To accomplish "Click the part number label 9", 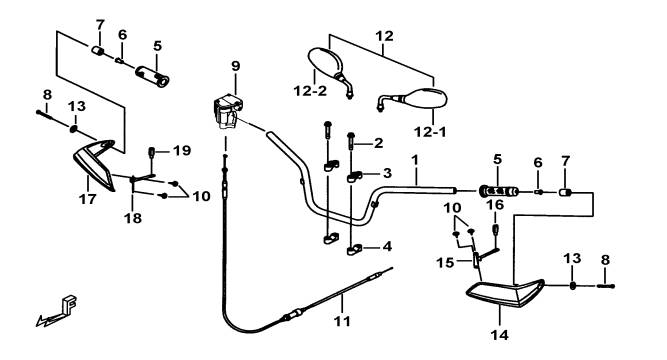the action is click(x=236, y=66).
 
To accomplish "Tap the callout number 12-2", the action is click(x=310, y=91).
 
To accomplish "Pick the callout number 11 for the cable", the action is click(x=342, y=321).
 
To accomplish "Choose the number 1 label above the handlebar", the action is click(x=415, y=160).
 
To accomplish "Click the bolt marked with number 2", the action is click(x=351, y=141).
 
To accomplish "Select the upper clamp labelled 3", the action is click(x=354, y=177).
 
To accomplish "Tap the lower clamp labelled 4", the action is click(x=354, y=249).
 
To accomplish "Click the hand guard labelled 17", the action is click(x=95, y=164).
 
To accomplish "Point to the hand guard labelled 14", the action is click(x=505, y=293).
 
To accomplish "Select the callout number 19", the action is click(x=182, y=151).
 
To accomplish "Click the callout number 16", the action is click(x=495, y=205).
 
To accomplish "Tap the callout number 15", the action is click(x=445, y=263).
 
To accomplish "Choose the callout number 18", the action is click(x=133, y=218).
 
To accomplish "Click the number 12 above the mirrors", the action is click(x=384, y=36).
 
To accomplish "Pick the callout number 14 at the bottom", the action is click(x=499, y=335).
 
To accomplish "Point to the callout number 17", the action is click(x=88, y=199).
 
